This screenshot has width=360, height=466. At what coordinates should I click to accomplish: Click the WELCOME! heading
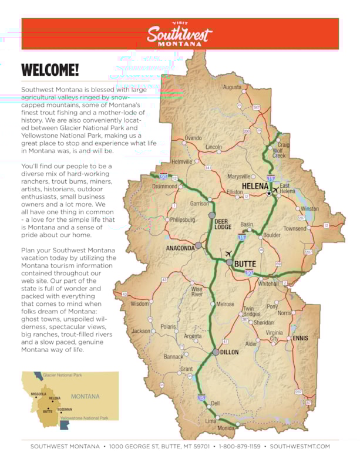50,70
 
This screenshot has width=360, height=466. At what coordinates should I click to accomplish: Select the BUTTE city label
245,264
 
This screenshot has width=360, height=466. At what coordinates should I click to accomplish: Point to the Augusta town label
232,87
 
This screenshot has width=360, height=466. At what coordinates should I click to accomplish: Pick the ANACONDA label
180,248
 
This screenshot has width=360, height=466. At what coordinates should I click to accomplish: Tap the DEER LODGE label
223,224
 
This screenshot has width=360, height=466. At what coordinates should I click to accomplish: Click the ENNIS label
300,338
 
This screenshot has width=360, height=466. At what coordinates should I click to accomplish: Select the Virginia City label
275,336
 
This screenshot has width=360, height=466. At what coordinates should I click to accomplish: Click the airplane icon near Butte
228,253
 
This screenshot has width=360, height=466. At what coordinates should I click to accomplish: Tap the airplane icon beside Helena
275,190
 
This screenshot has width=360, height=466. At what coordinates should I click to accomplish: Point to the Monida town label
226,428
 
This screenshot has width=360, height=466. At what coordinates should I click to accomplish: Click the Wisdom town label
140,304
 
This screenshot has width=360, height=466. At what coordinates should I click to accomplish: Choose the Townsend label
295,228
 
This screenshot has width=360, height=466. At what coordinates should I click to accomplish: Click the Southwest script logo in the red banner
179,34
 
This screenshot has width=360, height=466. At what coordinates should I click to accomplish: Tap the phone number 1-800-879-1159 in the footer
240,447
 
